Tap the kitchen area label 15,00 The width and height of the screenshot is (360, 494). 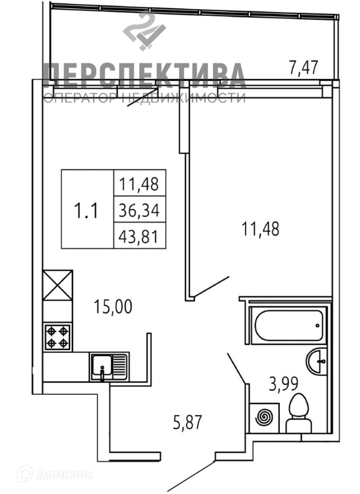click(x=113, y=306)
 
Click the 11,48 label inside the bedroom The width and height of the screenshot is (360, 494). click(x=260, y=228)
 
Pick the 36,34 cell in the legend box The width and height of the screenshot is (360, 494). click(x=139, y=211)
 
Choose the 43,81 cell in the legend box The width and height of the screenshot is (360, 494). click(x=139, y=237)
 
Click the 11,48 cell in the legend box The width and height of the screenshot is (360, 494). click(x=139, y=184)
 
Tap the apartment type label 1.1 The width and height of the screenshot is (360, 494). click(x=86, y=211)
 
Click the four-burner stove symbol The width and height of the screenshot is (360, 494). click(x=58, y=337)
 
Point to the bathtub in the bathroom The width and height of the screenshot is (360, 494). click(x=289, y=325)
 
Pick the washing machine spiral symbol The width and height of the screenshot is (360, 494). click(x=265, y=417)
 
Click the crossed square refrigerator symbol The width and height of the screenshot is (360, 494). click(x=58, y=285)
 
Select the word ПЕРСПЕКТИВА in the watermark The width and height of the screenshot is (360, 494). click(x=144, y=77)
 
